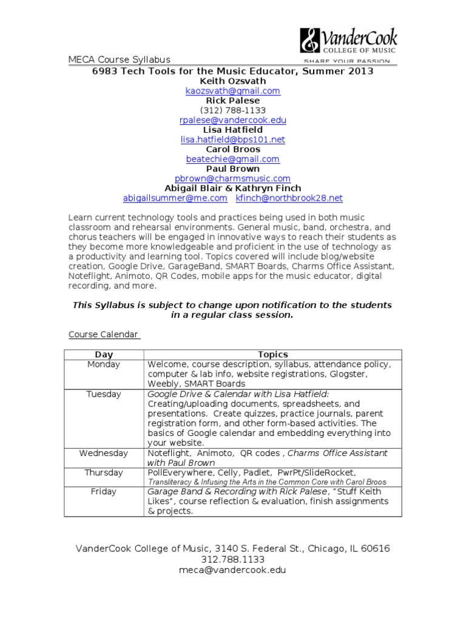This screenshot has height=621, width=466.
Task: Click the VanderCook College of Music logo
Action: pos(348,44)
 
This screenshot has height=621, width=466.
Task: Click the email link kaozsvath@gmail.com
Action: pos(232,91)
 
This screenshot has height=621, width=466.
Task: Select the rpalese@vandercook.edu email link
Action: pos(232,120)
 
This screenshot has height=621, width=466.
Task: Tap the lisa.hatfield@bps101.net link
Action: pos(232,139)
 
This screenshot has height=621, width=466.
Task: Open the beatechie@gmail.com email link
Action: pos(232,159)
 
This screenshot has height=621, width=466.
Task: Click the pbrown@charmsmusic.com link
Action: pos(232,178)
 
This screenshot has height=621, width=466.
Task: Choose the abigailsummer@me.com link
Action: pos(175,198)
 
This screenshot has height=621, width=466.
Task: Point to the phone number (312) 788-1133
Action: pos(232,110)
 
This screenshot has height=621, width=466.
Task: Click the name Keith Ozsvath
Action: pos(232,81)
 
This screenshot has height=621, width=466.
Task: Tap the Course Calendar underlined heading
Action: pos(103,334)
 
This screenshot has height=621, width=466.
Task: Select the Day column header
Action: pos(104,354)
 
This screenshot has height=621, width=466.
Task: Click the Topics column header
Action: pos(272,354)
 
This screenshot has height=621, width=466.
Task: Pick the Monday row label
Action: pos(104,364)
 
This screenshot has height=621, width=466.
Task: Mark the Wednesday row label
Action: pos(104,453)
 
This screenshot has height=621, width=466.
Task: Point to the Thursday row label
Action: pos(104,472)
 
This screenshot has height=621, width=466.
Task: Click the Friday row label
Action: pos(104,492)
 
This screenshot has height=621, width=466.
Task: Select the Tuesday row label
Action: pos(104,394)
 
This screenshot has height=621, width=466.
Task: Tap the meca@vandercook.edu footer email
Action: pos(232,570)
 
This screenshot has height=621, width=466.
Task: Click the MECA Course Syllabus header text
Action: pos(119,59)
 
